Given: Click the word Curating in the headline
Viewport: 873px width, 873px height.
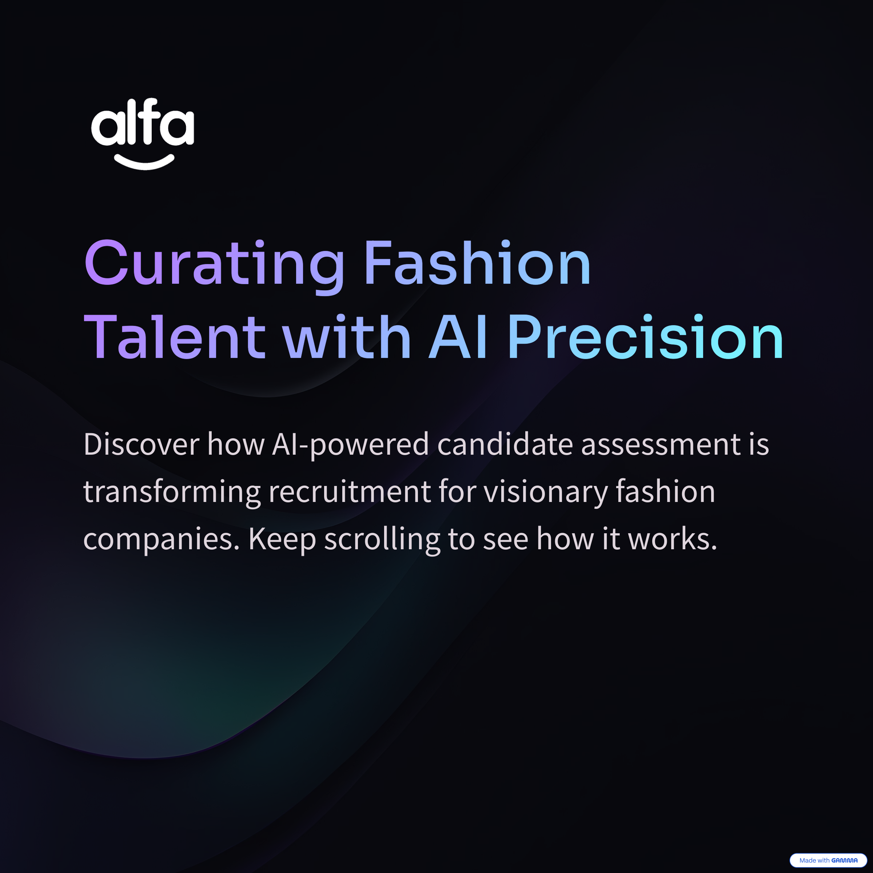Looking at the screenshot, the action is (215, 267).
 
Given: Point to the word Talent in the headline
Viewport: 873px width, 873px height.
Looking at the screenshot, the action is (175, 337).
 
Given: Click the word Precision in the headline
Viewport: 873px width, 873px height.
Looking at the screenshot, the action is (646, 337).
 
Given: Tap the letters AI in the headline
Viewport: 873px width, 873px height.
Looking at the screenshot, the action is (457, 337).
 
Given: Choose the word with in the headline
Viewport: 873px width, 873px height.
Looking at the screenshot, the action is (347, 337).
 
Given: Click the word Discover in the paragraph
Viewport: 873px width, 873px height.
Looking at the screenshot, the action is (141, 445).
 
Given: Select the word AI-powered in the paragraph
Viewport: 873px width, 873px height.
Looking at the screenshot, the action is (350, 446).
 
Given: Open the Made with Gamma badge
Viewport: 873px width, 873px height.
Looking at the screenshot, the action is (828, 860).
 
